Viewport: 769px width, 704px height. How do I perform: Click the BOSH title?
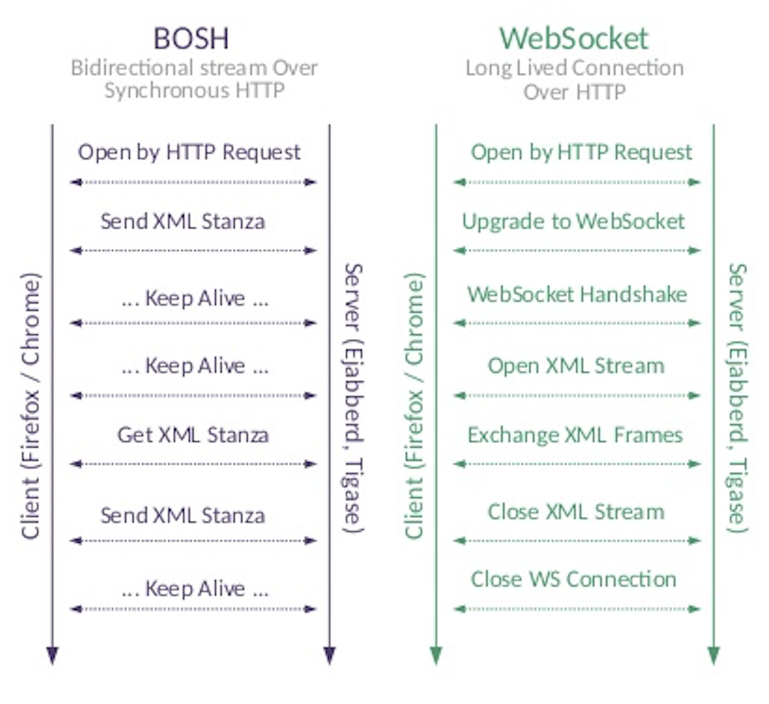pyautogui.click(x=191, y=38)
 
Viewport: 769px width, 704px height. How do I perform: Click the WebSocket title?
pyautogui.click(x=574, y=38)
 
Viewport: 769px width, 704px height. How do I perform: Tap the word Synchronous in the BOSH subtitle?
pyautogui.click(x=167, y=91)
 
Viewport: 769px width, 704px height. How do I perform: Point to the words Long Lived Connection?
pyautogui.click(x=574, y=68)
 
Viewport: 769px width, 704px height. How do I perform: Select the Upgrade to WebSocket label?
pyautogui.click(x=573, y=221)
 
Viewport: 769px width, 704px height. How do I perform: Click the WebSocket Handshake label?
pyautogui.click(x=577, y=294)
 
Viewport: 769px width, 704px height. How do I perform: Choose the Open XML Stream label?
pyautogui.click(x=576, y=365)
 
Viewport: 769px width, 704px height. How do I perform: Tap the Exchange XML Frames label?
pyautogui.click(x=575, y=435)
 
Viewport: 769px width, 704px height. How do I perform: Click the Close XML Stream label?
pyautogui.click(x=576, y=512)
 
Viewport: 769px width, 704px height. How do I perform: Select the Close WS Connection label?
pyautogui.click(x=573, y=579)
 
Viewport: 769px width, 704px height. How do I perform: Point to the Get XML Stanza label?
pyautogui.click(x=193, y=435)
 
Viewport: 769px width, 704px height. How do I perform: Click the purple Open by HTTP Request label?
pyautogui.click(x=189, y=152)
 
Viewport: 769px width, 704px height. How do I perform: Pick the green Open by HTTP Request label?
pyautogui.click(x=581, y=152)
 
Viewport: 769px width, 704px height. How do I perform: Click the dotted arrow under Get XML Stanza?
pyautogui.click(x=193, y=464)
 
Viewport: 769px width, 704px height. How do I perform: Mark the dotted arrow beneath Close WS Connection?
pyautogui.click(x=577, y=609)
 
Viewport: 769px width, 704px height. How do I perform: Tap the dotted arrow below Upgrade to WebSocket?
pyautogui.click(x=577, y=250)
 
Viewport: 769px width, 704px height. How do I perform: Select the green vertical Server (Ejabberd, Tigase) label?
pyautogui.click(x=738, y=398)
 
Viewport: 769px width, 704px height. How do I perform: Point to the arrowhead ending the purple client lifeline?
pyautogui.click(x=52, y=655)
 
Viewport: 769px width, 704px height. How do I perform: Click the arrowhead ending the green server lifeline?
pyautogui.click(x=713, y=655)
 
